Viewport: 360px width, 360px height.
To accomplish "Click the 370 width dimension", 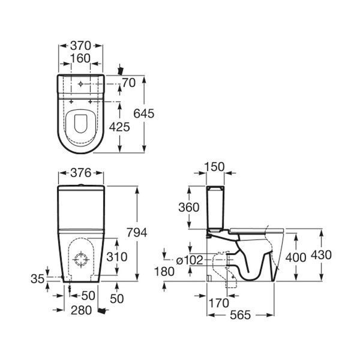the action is [80, 46].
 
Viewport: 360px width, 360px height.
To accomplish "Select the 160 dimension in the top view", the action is [80, 58].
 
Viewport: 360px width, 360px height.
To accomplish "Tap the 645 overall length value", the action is [144, 113].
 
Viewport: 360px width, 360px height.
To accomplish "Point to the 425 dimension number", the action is [119, 127].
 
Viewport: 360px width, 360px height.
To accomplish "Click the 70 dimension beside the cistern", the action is [129, 83].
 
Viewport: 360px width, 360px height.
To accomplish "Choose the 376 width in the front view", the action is [81, 173].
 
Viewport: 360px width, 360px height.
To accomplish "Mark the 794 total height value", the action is [137, 233].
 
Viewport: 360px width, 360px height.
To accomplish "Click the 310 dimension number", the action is [117, 257].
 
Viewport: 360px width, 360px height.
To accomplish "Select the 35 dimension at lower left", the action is [37, 279].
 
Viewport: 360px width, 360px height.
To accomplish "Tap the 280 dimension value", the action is [81, 310].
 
